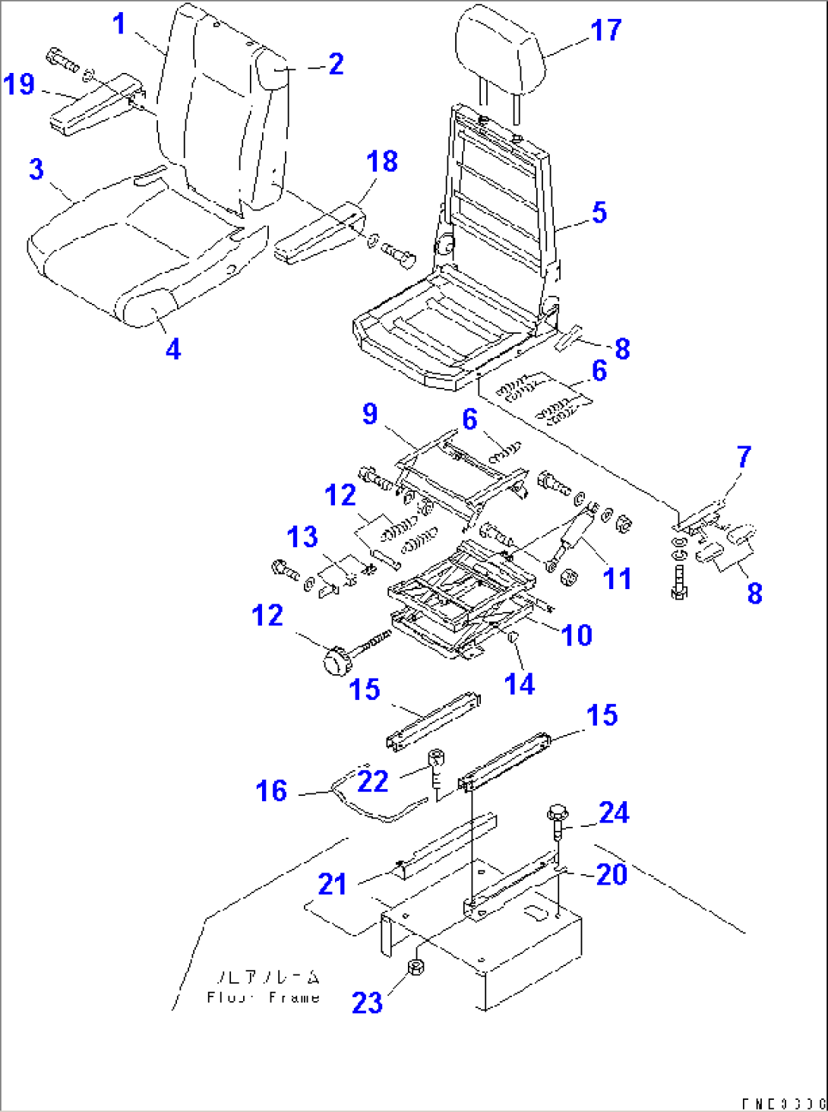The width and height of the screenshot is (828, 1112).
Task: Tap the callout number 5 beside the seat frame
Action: tap(599, 213)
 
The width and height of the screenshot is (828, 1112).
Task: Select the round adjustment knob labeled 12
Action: tap(335, 661)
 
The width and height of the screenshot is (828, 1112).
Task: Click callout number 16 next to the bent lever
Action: tap(271, 791)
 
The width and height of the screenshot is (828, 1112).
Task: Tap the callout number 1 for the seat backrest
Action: tap(119, 24)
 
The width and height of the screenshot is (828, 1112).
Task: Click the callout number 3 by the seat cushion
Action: tap(36, 169)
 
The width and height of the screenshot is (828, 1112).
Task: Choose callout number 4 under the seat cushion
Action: tap(173, 350)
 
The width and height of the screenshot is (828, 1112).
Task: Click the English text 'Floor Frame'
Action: tap(263, 997)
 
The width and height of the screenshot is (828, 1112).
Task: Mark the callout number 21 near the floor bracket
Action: tap(332, 884)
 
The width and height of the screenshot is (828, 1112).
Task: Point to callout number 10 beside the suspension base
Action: tap(577, 635)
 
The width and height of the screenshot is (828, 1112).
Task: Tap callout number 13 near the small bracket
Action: tap(302, 537)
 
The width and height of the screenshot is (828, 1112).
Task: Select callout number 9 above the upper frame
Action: tap(370, 414)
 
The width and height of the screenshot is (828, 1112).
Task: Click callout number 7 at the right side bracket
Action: tap(744, 457)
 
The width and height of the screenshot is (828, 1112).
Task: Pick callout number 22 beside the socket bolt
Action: tap(372, 781)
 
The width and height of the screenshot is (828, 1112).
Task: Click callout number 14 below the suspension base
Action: tap(519, 684)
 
